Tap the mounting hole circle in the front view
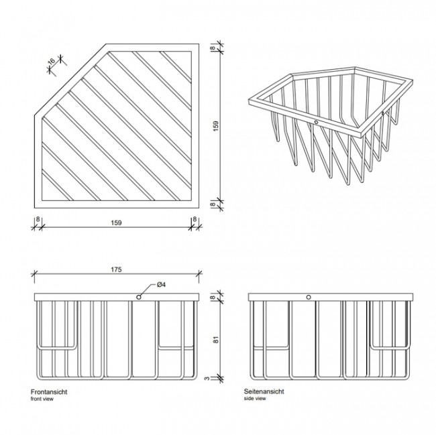tap(138, 296)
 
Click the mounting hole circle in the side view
tap(309, 296)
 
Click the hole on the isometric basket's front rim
tap(316, 123)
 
